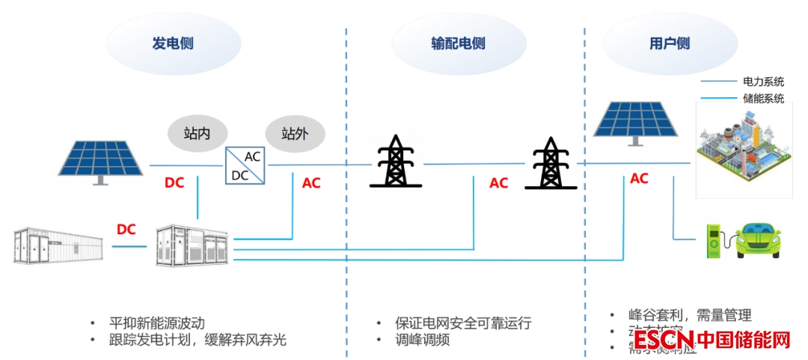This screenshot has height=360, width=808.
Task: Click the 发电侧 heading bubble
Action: pyautogui.click(x=173, y=43)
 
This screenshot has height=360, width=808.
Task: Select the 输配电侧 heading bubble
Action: pyautogui.click(x=458, y=43)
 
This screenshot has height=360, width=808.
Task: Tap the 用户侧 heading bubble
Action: pyautogui.click(x=669, y=43)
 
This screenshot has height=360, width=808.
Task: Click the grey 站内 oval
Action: pyautogui.click(x=197, y=134)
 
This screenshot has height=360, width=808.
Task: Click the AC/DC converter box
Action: pyautogui.click(x=246, y=165)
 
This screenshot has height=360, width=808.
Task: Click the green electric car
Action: pyautogui.click(x=757, y=237)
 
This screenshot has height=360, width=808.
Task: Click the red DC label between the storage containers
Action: pyautogui.click(x=126, y=229)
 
